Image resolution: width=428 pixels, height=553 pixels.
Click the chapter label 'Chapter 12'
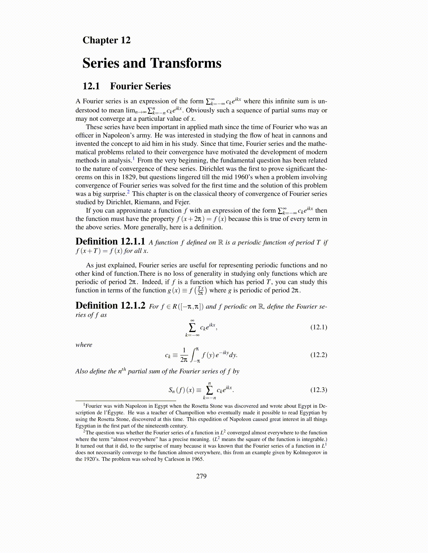(106, 40)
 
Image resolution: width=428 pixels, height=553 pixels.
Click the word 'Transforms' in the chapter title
(186, 63)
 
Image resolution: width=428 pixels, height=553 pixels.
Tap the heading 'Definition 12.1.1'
(110, 242)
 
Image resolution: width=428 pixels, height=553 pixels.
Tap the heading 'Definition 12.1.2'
(110, 306)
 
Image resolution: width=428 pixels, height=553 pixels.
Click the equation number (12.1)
(319, 327)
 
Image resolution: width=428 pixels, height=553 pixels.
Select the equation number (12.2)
(319, 355)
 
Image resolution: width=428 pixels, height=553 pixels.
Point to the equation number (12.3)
(319, 390)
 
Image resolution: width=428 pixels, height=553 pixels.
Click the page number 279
(201, 476)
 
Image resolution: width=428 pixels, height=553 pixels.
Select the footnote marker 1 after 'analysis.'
(134, 158)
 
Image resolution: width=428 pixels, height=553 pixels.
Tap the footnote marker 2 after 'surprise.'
(128, 192)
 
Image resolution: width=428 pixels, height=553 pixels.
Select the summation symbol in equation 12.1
(192, 327)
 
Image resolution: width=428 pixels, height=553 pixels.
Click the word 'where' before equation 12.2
(84, 345)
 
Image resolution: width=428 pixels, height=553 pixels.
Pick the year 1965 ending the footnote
(197, 459)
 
